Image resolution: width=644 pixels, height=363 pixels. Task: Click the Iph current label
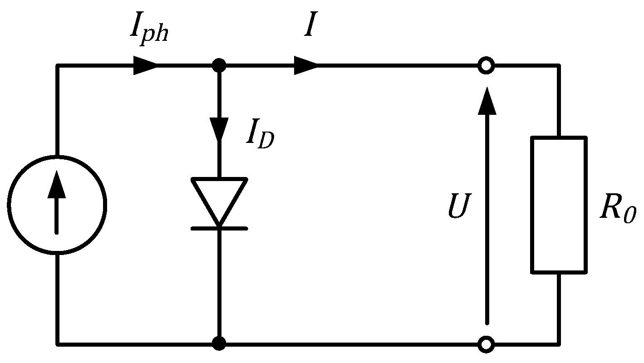point(149,31)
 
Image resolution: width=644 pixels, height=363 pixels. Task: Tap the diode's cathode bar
point(219,228)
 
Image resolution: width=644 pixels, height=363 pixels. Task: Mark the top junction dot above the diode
point(219,66)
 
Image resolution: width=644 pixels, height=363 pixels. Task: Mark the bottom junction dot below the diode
point(219,343)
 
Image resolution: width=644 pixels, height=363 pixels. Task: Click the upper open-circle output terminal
point(486,66)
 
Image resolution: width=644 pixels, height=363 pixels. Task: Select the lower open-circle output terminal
point(486,344)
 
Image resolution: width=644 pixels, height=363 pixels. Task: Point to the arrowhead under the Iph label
point(145,66)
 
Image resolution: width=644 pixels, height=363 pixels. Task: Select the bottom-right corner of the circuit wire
point(559,343)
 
